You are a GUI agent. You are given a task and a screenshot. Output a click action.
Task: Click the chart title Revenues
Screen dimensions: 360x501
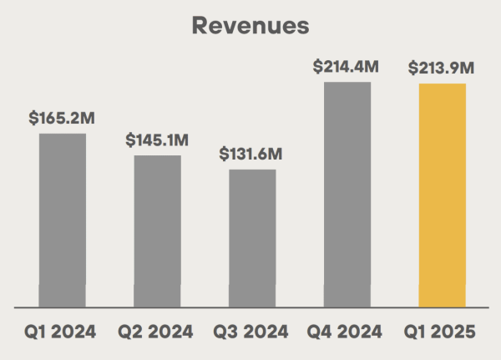pos(250,25)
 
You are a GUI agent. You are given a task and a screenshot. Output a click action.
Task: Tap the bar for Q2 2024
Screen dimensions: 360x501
pos(158,231)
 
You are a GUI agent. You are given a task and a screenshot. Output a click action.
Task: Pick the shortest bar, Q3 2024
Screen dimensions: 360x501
pos(252,238)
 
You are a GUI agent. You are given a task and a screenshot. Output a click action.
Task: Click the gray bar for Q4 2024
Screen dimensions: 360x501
pos(347,194)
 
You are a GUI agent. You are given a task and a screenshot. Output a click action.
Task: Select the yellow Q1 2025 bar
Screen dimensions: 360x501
pos(443,195)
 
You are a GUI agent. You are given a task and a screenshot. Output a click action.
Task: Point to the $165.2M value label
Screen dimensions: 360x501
pos(62,119)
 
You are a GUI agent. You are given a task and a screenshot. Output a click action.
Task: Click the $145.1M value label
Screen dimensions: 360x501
pos(158,140)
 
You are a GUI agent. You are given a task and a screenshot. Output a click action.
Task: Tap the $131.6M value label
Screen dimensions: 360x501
pos(251,155)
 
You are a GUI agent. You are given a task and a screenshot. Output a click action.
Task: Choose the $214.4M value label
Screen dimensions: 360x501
pos(347,66)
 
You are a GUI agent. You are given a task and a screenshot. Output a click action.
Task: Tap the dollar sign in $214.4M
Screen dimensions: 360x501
pos(318,66)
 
